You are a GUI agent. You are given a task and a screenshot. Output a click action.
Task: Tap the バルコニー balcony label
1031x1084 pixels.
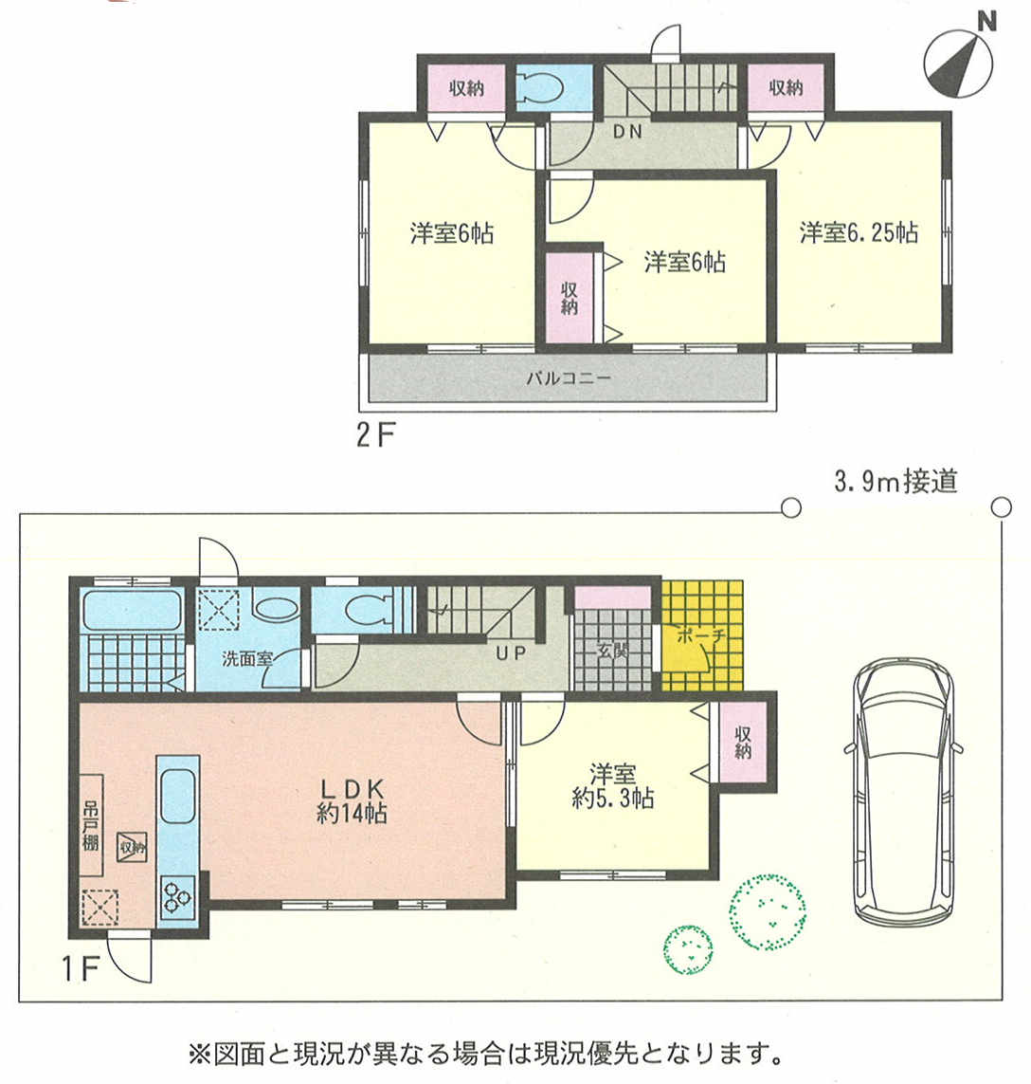pyautogui.click(x=569, y=378)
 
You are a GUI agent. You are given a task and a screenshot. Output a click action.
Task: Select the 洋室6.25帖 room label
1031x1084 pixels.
pyautogui.click(x=859, y=232)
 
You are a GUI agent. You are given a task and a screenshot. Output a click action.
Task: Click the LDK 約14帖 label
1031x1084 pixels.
pyautogui.click(x=352, y=800)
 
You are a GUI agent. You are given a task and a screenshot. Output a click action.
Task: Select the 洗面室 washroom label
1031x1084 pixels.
pyautogui.click(x=247, y=658)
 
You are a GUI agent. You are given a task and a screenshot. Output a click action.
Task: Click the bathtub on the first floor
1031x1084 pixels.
pyautogui.click(x=132, y=610)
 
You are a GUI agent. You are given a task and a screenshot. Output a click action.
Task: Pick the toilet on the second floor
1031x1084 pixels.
pyautogui.click(x=546, y=88)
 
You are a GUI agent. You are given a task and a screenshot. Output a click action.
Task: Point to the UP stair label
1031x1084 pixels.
pyautogui.click(x=511, y=652)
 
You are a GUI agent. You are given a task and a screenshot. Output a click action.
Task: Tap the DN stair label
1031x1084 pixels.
pyautogui.click(x=627, y=131)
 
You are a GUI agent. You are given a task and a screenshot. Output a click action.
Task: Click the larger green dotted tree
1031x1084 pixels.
pyautogui.click(x=768, y=911)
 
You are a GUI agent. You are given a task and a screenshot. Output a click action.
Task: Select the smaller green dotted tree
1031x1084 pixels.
pyautogui.click(x=689, y=950)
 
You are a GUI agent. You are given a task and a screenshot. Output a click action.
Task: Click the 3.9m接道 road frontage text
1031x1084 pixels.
pyautogui.click(x=895, y=481)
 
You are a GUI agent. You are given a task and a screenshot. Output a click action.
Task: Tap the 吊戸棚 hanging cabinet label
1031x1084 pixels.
pyautogui.click(x=90, y=826)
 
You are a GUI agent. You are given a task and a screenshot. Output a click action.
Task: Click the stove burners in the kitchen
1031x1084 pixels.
pyautogui.click(x=177, y=896)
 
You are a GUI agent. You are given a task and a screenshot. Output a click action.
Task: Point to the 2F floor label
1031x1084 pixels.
pyautogui.click(x=375, y=435)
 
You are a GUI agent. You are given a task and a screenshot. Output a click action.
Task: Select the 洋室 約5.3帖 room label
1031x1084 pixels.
pyautogui.click(x=612, y=786)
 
